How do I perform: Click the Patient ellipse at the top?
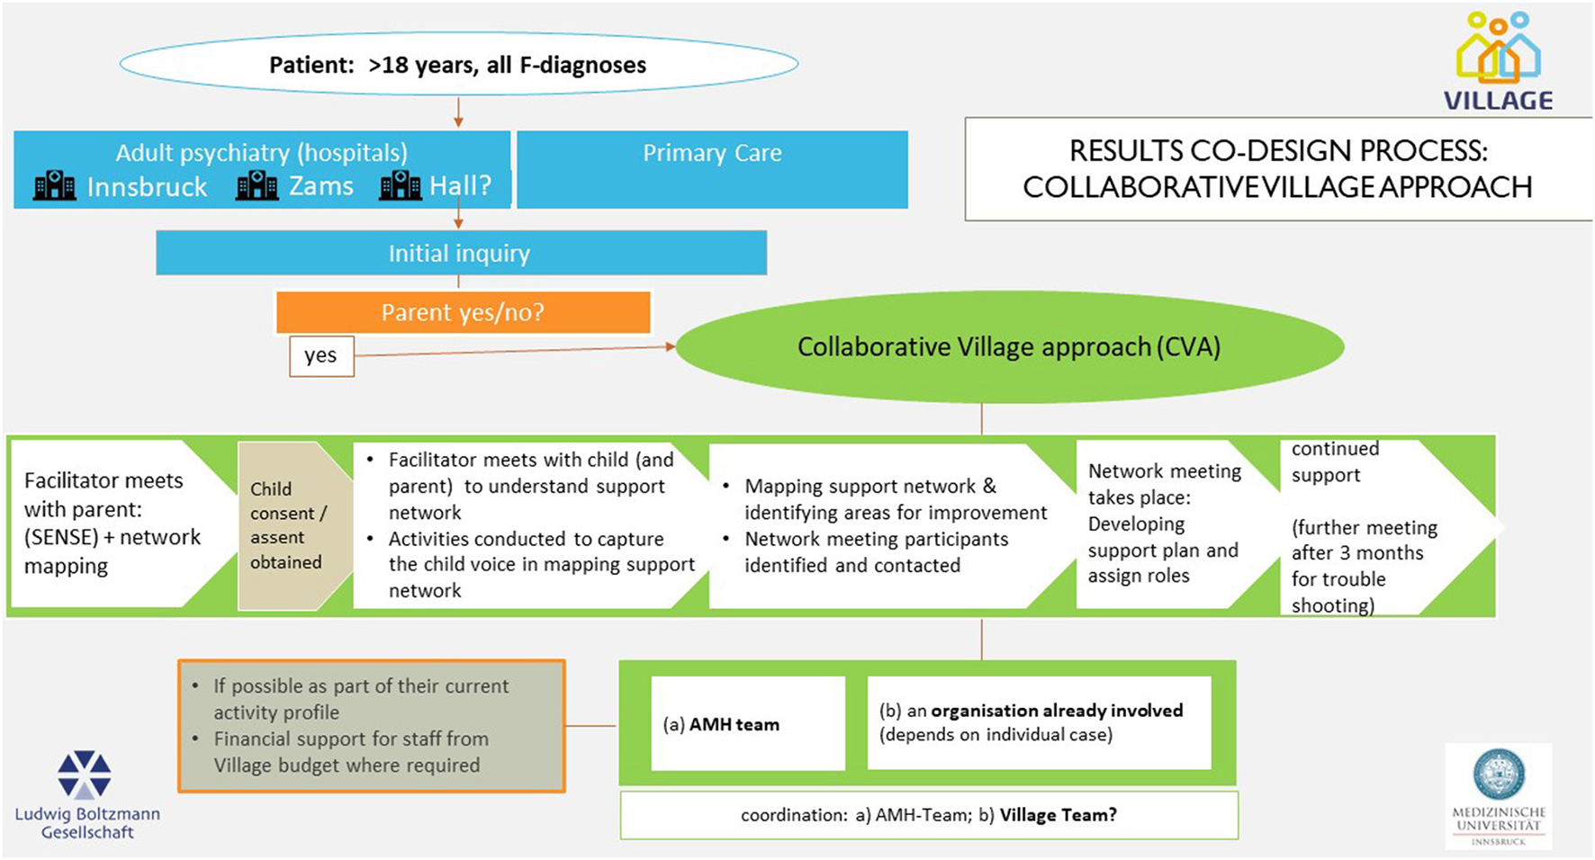tap(458, 65)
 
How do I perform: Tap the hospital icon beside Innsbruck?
tap(55, 186)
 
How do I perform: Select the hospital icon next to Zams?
tap(257, 186)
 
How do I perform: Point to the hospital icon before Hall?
tap(400, 186)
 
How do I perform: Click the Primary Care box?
tap(712, 170)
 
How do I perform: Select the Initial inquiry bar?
tap(460, 254)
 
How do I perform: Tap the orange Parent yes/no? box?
tap(463, 312)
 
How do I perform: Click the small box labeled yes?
tap(320, 356)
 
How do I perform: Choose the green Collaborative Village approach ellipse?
tap(1008, 347)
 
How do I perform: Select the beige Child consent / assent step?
tap(286, 525)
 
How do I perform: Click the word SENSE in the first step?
tap(61, 537)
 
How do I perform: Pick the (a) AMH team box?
tap(747, 724)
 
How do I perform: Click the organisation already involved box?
tap(1039, 722)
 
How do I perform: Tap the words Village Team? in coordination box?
tap(1058, 815)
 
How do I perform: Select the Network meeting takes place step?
tap(1163, 524)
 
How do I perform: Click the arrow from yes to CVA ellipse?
tap(513, 351)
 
